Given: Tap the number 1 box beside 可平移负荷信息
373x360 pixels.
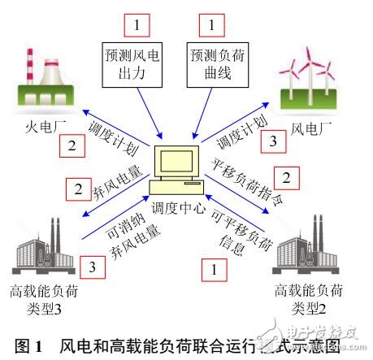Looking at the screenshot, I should [x=214, y=266].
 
